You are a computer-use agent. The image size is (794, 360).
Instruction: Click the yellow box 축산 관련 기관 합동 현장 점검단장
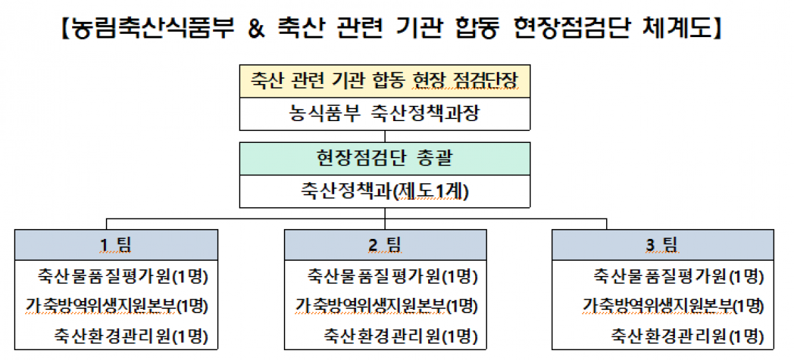pyautogui.click(x=384, y=81)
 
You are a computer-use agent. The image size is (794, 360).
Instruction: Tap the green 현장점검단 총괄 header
pyautogui.click(x=384, y=159)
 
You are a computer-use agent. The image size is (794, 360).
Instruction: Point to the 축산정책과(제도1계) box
pyautogui.click(x=384, y=191)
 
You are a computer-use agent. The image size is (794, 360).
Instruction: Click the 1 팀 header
pyautogui.click(x=116, y=245)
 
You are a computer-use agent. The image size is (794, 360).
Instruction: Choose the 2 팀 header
pyautogui.click(x=385, y=245)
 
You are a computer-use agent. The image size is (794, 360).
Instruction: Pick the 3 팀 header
pyautogui.click(x=662, y=245)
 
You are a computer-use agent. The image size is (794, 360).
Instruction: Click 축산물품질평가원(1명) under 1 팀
pyautogui.click(x=123, y=275)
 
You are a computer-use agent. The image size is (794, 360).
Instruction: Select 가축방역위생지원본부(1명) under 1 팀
pyautogui.click(x=116, y=306)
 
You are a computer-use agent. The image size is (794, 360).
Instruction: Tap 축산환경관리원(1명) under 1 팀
pyautogui.click(x=131, y=336)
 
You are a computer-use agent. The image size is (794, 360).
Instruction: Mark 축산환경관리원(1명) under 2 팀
pyautogui.click(x=401, y=336)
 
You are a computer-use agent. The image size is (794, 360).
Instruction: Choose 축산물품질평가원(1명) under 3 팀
pyautogui.click(x=679, y=275)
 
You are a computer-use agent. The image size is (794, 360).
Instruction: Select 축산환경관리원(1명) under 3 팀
pyautogui.click(x=687, y=336)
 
